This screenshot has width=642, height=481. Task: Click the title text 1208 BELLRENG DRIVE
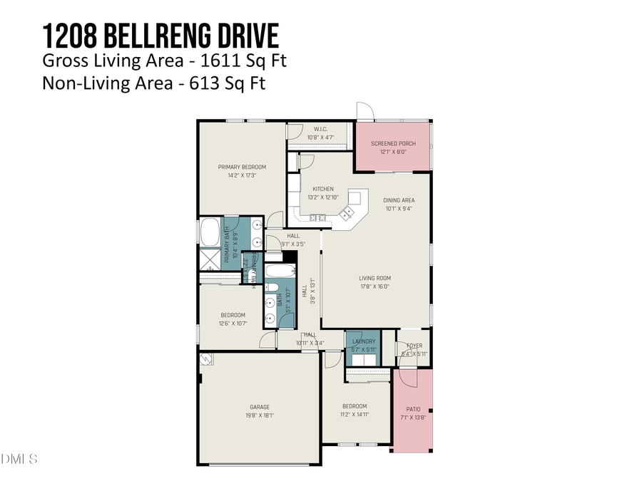pyautogui.click(x=160, y=34)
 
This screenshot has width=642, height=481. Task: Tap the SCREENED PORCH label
pyautogui.click(x=393, y=143)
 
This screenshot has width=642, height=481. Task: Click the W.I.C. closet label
pyautogui.click(x=320, y=129)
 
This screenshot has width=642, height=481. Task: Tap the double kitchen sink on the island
pyautogui.click(x=349, y=212)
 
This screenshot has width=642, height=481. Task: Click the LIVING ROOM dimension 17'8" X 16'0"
pyautogui.click(x=374, y=286)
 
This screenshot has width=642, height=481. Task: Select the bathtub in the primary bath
pyautogui.click(x=210, y=232)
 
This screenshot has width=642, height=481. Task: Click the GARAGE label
pyautogui.click(x=259, y=407)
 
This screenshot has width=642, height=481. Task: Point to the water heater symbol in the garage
pyautogui.click(x=205, y=360)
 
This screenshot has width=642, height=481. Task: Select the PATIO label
pyautogui.click(x=413, y=409)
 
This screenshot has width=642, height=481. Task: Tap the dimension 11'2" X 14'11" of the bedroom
pyautogui.click(x=355, y=414)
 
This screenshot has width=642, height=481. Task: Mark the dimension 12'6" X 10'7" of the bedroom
pyautogui.click(x=232, y=323)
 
